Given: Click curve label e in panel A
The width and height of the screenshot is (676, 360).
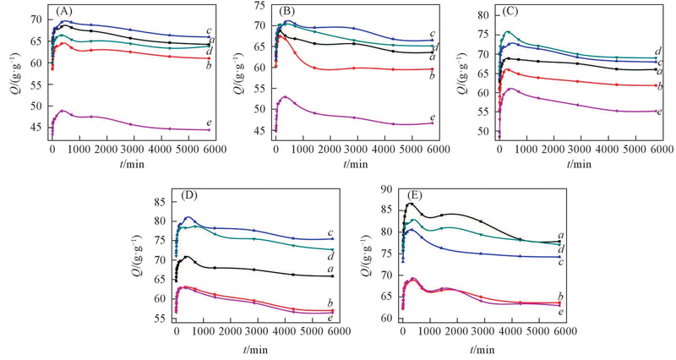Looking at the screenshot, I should (x=208, y=123).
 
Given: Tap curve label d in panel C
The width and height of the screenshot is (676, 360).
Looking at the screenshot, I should (x=657, y=52).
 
